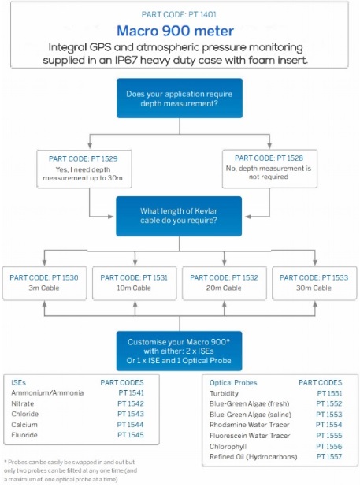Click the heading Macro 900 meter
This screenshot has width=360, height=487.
pyautogui.click(x=176, y=31)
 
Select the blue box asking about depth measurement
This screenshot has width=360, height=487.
pyautogui.click(x=180, y=99)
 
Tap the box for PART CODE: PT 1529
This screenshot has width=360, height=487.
pyautogui.click(x=84, y=169)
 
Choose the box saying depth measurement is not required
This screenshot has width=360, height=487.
pyautogui.click(x=269, y=169)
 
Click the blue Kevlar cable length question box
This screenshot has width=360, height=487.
pyautogui.click(x=179, y=216)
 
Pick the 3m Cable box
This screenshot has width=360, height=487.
pyautogui.click(x=44, y=283)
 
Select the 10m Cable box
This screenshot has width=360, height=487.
pyautogui.click(x=135, y=283)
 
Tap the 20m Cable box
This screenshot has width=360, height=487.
pyautogui.click(x=224, y=283)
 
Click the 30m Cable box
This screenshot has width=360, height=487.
pyautogui.click(x=314, y=283)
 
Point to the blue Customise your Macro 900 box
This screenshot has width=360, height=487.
pyautogui.click(x=179, y=351)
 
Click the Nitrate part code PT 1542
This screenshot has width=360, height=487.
pyautogui.click(x=131, y=403)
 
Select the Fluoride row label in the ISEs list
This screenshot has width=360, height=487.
pyautogui.click(x=24, y=435)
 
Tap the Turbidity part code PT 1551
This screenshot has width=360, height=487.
pyautogui.click(x=329, y=393)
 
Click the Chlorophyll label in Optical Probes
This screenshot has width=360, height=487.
pyautogui.click(x=228, y=446)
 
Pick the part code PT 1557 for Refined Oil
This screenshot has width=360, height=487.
pyautogui.click(x=329, y=456)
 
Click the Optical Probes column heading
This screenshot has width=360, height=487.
pyautogui.click(x=233, y=383)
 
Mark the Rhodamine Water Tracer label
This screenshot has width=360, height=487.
pyautogui.click(x=249, y=425)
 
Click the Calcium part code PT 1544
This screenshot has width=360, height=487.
pyautogui.click(x=130, y=425)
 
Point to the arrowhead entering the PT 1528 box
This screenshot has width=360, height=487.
pyautogui.click(x=269, y=146)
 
